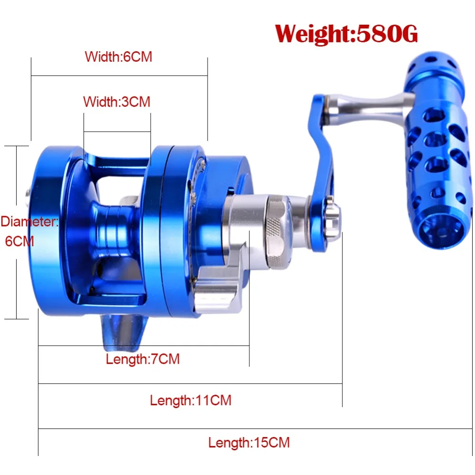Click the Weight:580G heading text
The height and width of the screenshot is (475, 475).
point(346,33)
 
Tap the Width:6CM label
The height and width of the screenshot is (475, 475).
point(118,57)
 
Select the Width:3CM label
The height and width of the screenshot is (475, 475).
point(117,102)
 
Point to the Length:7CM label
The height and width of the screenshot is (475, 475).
point(142,359)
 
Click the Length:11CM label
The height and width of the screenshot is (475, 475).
point(190,400)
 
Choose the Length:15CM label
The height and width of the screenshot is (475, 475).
point(249,443)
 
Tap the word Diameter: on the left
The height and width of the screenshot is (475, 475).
point(29,222)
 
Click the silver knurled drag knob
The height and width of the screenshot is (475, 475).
point(278,232)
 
